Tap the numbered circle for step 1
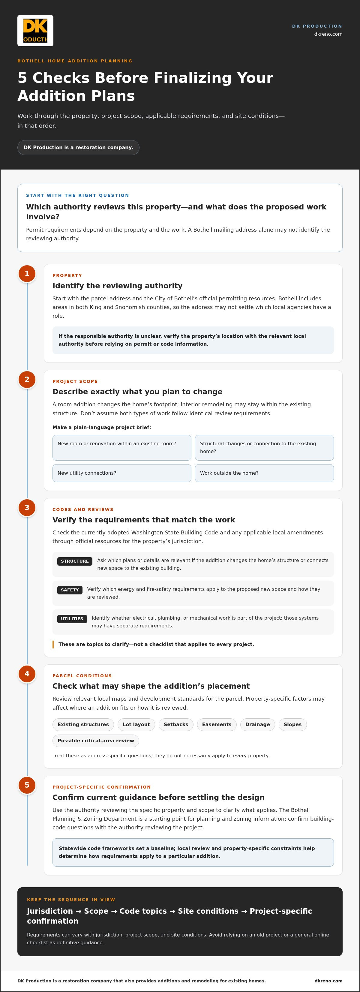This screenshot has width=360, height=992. (x=27, y=273)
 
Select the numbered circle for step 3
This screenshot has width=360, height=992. (x=27, y=508)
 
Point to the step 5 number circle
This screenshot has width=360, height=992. (x=27, y=785)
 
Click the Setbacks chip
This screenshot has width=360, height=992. (x=176, y=724)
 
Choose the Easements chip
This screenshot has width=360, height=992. (x=217, y=724)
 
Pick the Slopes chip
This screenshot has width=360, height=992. (x=292, y=724)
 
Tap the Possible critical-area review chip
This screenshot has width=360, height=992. (x=96, y=741)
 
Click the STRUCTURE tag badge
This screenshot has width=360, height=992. (x=75, y=561)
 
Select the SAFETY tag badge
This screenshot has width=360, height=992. (x=70, y=590)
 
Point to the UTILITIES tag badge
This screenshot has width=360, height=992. (x=72, y=619)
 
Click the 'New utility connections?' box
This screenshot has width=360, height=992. (x=122, y=473)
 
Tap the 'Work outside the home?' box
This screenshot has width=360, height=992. (x=264, y=473)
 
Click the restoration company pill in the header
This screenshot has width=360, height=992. (x=78, y=148)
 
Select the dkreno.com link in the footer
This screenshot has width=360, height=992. (x=328, y=981)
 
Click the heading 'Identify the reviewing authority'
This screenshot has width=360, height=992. (x=117, y=286)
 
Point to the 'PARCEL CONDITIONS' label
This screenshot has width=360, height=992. (x=82, y=676)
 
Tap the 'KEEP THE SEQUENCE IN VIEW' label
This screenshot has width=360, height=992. (x=71, y=900)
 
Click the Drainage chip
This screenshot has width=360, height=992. (x=258, y=724)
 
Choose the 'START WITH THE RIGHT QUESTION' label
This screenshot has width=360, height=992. (x=77, y=195)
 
